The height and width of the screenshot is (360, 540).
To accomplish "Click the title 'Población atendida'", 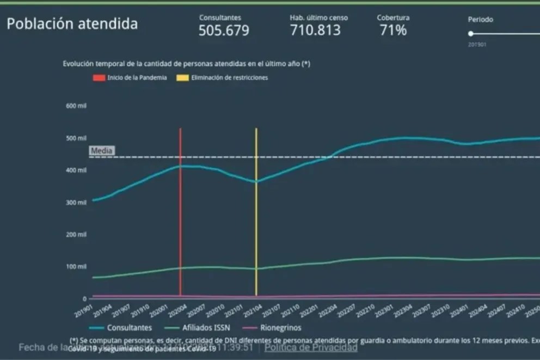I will tap(72, 24).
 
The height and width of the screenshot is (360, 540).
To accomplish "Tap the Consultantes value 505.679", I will tap(224, 30).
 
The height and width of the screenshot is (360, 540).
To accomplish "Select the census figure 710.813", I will tap(315, 30).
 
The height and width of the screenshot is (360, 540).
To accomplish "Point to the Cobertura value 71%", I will tap(393, 30).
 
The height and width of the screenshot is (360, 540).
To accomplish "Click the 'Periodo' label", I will tap(480, 20).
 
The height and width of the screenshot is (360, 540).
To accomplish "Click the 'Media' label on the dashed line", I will tap(102, 151).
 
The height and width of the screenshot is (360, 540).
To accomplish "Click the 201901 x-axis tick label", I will tap(84, 310).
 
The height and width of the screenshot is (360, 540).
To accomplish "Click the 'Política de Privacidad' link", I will tap(311, 347).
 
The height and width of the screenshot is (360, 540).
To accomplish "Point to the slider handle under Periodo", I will tap(470, 33).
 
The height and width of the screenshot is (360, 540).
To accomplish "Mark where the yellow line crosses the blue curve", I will tap(256, 181).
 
